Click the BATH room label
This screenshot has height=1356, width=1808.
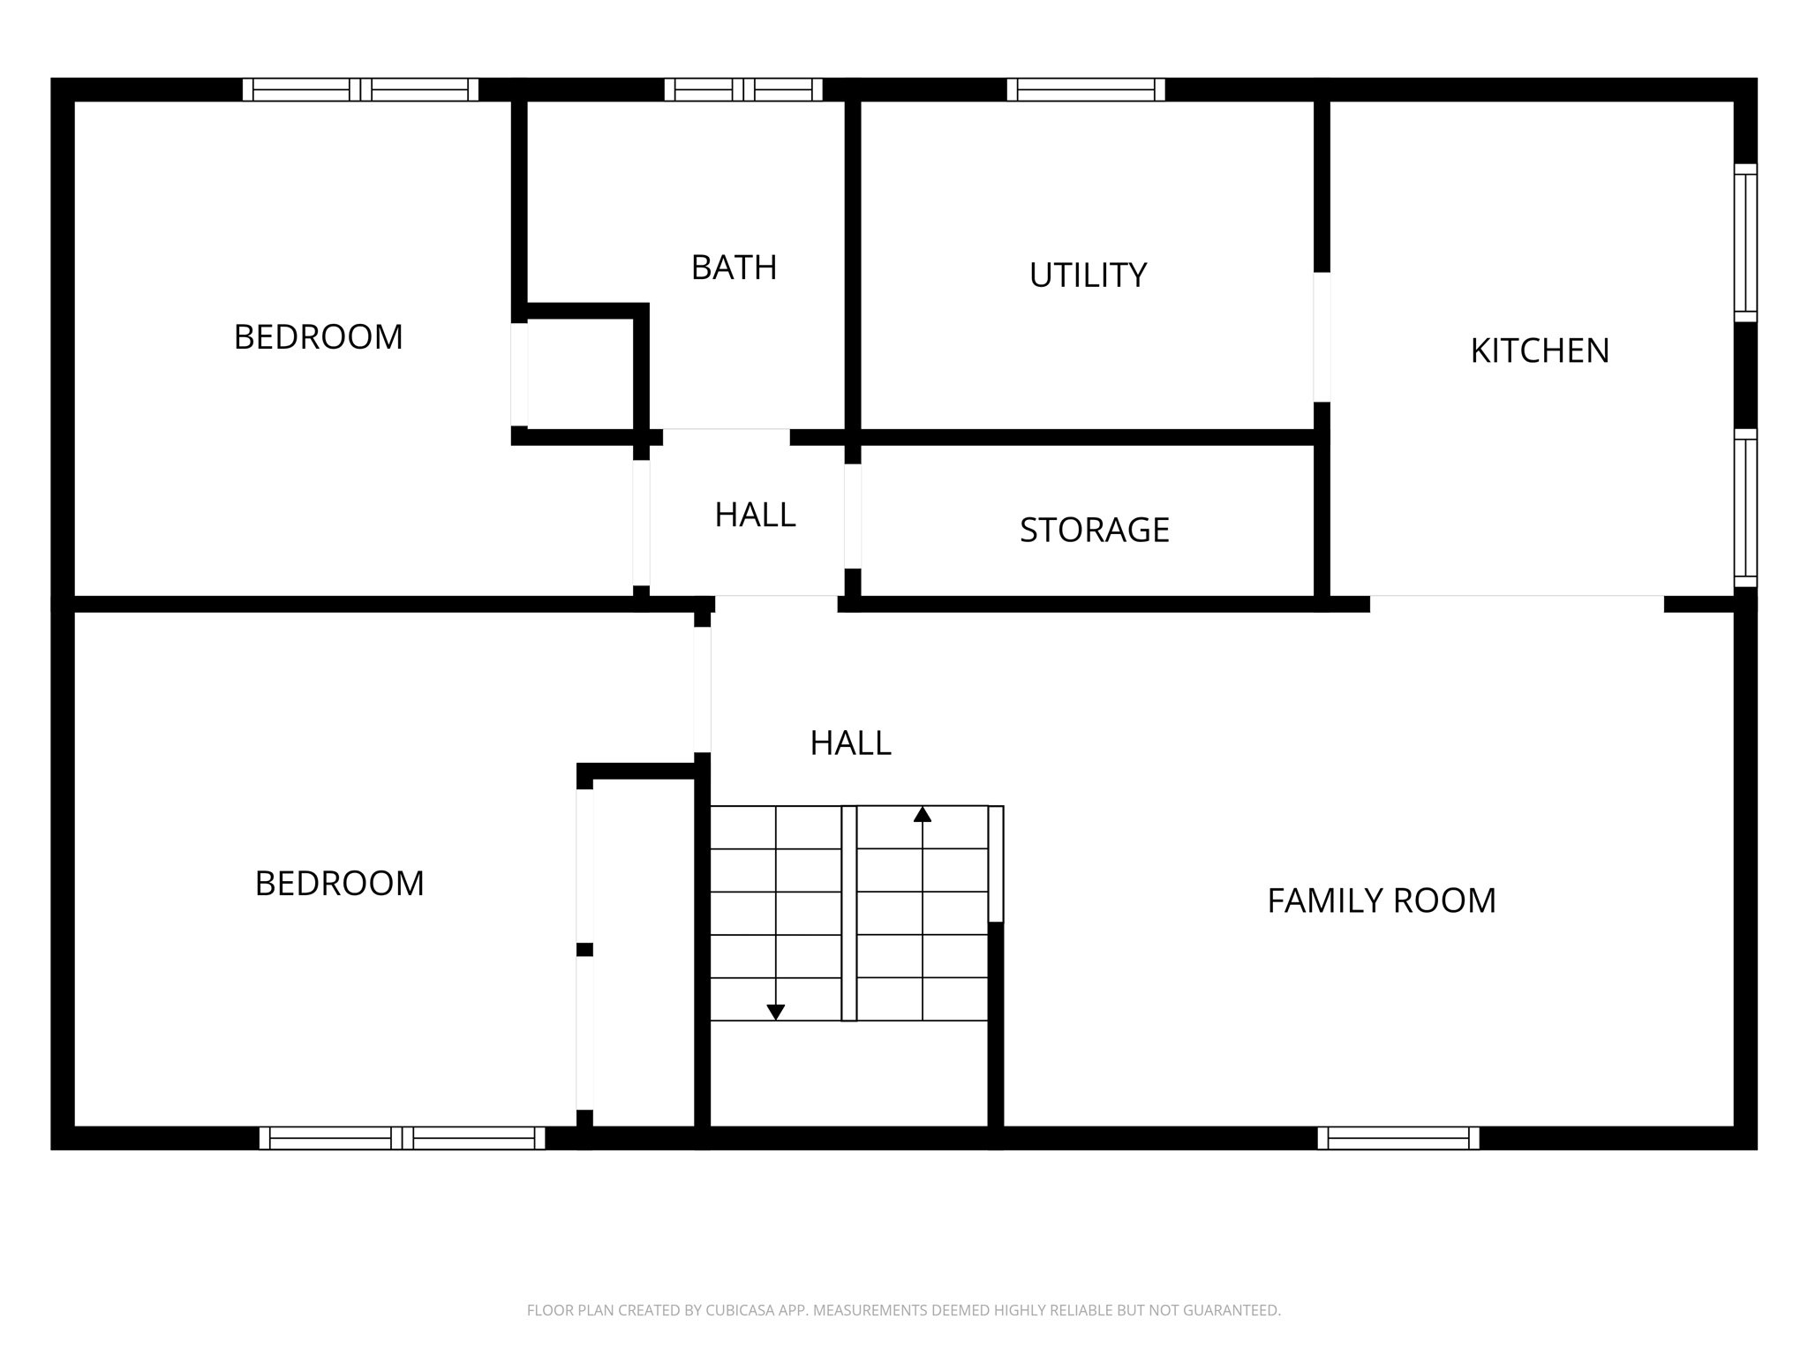(734, 267)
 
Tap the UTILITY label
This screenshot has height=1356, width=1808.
(1088, 275)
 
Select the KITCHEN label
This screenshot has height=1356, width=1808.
(1540, 351)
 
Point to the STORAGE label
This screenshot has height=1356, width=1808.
(1094, 530)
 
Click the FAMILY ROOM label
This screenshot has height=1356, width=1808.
(1382, 901)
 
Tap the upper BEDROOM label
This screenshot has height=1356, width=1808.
(318, 337)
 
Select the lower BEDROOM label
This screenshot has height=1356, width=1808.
(339, 884)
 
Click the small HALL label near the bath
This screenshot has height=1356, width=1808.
(755, 515)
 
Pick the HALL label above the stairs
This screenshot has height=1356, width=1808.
(850, 743)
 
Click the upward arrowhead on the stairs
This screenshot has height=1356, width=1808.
(923, 814)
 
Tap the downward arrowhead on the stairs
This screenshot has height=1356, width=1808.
(776, 1012)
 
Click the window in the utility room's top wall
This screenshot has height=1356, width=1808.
(1086, 89)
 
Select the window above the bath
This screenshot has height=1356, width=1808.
(743, 89)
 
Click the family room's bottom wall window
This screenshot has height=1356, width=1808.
(1398, 1138)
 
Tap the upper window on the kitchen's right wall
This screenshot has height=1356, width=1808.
(1745, 243)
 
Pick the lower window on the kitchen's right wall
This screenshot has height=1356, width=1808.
(1745, 508)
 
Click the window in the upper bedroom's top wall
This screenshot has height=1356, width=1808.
(360, 89)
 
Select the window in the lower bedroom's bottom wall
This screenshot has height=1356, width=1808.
(402, 1138)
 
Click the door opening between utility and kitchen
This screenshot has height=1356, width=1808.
(1322, 336)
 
